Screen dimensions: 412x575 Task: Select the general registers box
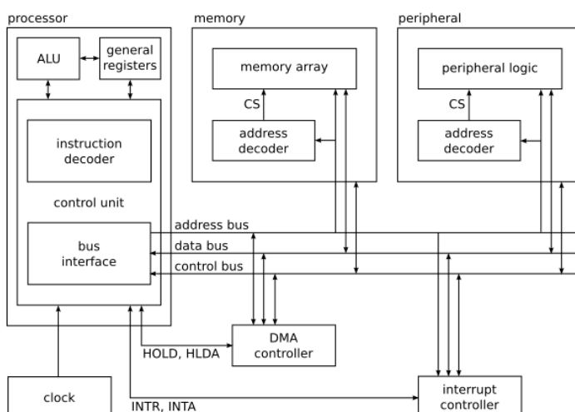[x=130, y=58]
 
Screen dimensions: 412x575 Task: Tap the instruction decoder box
[x=89, y=150]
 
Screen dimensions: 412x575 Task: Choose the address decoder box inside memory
[x=264, y=141]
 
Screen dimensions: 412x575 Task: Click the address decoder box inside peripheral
[x=468, y=141]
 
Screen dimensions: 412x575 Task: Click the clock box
[x=59, y=397]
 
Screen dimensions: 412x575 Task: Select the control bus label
[x=208, y=266]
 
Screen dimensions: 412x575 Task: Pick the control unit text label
[x=89, y=201]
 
